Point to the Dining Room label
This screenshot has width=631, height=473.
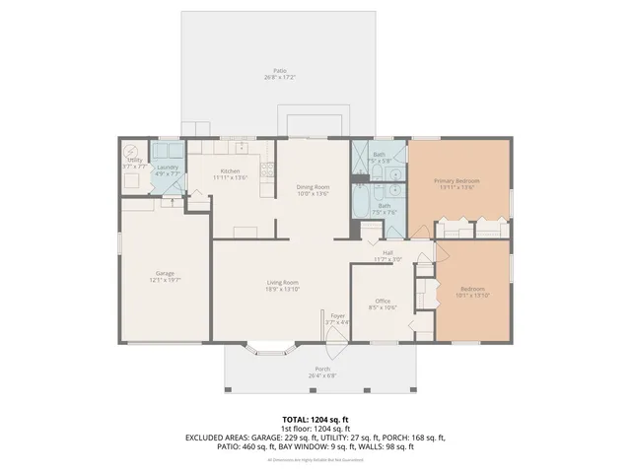pyautogui.click(x=313, y=187)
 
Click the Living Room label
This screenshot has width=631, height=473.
pyautogui.click(x=282, y=283)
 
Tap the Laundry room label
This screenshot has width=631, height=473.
pyautogui.click(x=168, y=168)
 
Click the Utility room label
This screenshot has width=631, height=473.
pyautogui.click(x=134, y=160)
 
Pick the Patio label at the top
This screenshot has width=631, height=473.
pyautogui.click(x=281, y=71)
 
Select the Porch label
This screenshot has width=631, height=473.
pyautogui.click(x=322, y=369)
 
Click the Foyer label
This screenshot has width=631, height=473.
pyautogui.click(x=338, y=316)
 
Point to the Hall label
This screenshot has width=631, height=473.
pyautogui.click(x=388, y=253)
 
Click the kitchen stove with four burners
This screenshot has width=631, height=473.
pyautogui.click(x=264, y=171)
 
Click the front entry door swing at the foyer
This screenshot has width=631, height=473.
pyautogui.click(x=337, y=336)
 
